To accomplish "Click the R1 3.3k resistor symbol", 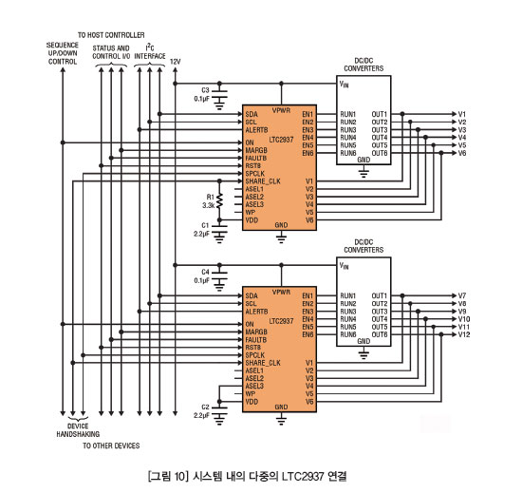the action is pyautogui.click(x=219, y=200).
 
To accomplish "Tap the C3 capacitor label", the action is pyautogui.click(x=205, y=90).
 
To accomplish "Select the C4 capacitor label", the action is pyautogui.click(x=205, y=273).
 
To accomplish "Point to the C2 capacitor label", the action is pyautogui.click(x=205, y=408).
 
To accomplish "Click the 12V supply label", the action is pyautogui.click(x=176, y=62).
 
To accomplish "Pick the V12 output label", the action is pyautogui.click(x=464, y=334).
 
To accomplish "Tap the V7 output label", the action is pyautogui.click(x=462, y=295).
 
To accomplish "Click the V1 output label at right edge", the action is pyautogui.click(x=462, y=114).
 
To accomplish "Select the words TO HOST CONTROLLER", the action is pyautogui.click(x=111, y=35).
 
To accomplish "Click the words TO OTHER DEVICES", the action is pyautogui.click(x=111, y=446).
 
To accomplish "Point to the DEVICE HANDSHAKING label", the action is pyautogui.click(x=78, y=430).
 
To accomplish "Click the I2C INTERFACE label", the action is pyautogui.click(x=150, y=52).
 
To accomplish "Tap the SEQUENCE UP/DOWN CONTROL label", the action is pyautogui.click(x=63, y=53).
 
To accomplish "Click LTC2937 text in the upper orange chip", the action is pyautogui.click(x=281, y=140).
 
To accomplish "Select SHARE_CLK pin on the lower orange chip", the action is pyautogui.click(x=263, y=363).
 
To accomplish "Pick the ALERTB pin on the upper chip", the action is pyautogui.click(x=256, y=130).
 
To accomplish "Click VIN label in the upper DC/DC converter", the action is pyautogui.click(x=345, y=84).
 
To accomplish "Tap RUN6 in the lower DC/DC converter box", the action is pyautogui.click(x=348, y=334).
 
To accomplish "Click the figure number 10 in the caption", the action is pyautogui.click(x=178, y=476).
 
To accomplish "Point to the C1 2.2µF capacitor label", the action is pyautogui.click(x=202, y=230).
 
